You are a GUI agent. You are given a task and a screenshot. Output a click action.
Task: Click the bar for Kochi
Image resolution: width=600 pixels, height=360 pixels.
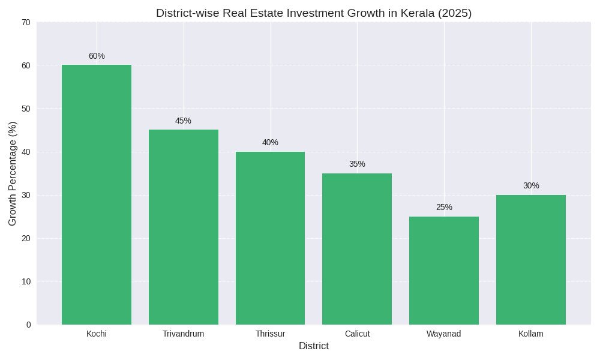click(x=97, y=194)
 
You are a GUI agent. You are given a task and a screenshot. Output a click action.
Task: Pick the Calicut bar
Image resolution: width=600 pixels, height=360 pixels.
click(x=357, y=248)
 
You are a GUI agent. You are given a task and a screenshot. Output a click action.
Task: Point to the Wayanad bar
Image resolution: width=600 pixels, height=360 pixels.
click(x=444, y=270)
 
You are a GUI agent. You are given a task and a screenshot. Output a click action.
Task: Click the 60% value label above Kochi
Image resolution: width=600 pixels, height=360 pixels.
click(x=97, y=56)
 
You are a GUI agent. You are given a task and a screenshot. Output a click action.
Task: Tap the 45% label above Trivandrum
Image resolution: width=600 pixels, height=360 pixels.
click(x=184, y=121)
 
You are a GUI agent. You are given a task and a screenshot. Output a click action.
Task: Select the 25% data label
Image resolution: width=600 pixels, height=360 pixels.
click(x=444, y=208)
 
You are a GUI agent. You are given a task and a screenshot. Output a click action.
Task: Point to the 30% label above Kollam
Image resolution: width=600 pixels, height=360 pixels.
click(x=531, y=186)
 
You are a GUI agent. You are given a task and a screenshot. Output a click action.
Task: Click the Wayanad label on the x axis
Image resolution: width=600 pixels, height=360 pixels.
click(x=444, y=334)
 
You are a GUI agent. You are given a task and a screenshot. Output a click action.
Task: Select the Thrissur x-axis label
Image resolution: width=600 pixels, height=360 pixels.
click(x=270, y=334)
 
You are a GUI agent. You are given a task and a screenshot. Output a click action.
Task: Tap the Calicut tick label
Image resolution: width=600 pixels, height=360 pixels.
click(x=357, y=334)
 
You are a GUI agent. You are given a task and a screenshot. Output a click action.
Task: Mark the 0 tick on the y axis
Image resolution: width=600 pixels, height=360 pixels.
click(x=28, y=325)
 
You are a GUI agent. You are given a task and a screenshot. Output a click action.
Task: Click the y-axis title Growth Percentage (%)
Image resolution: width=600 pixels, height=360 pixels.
click(x=13, y=173)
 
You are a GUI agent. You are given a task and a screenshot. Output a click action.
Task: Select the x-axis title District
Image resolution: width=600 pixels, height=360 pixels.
click(x=313, y=346)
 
